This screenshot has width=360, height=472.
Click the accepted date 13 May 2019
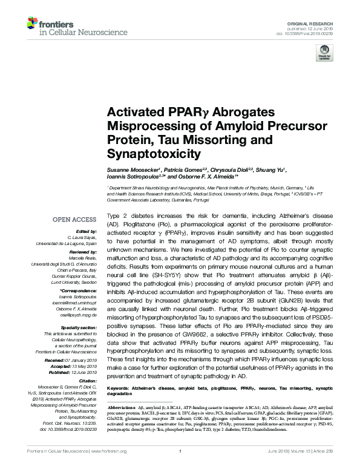tap(82, 349)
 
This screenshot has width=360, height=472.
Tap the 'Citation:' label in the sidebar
tap(88, 363)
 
